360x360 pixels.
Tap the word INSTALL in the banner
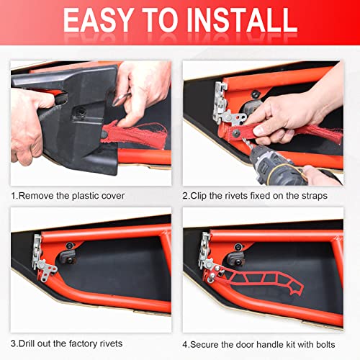[x=242, y=20]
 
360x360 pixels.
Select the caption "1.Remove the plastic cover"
[x=68, y=196]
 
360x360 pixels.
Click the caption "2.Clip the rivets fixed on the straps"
[x=255, y=196]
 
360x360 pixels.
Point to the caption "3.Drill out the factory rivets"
[x=67, y=343]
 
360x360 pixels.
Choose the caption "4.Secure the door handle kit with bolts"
[x=258, y=345]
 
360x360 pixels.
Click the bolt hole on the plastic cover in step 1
[x=81, y=112]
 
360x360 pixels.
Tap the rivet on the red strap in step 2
[x=237, y=132]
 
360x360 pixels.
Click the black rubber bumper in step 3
[x=68, y=256]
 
